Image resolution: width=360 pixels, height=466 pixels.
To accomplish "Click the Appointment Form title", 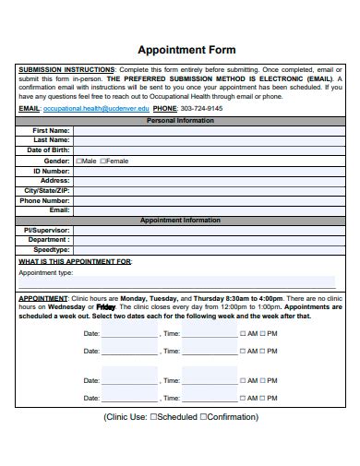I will coord(186,50).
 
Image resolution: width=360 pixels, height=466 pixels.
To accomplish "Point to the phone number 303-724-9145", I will coord(201,108).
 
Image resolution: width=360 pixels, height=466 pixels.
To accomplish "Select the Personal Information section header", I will coord(180,120).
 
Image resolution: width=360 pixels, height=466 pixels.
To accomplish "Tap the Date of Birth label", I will coord(49,149).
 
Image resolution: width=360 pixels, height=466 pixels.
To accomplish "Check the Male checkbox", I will coord(79,161).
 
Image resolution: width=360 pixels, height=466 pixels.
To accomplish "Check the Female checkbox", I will coord(103,161).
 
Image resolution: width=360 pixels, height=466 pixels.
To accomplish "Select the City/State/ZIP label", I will coord(47,190).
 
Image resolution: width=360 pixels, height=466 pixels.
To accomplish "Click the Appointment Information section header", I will coord(180,221).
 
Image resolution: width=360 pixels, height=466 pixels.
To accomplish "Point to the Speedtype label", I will coord(52,249).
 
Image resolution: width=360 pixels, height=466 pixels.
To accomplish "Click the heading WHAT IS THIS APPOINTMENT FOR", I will coord(76,261).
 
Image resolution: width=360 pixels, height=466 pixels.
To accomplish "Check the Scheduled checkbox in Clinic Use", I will coord(154,417).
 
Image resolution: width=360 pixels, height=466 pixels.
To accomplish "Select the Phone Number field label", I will coord(45,200).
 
